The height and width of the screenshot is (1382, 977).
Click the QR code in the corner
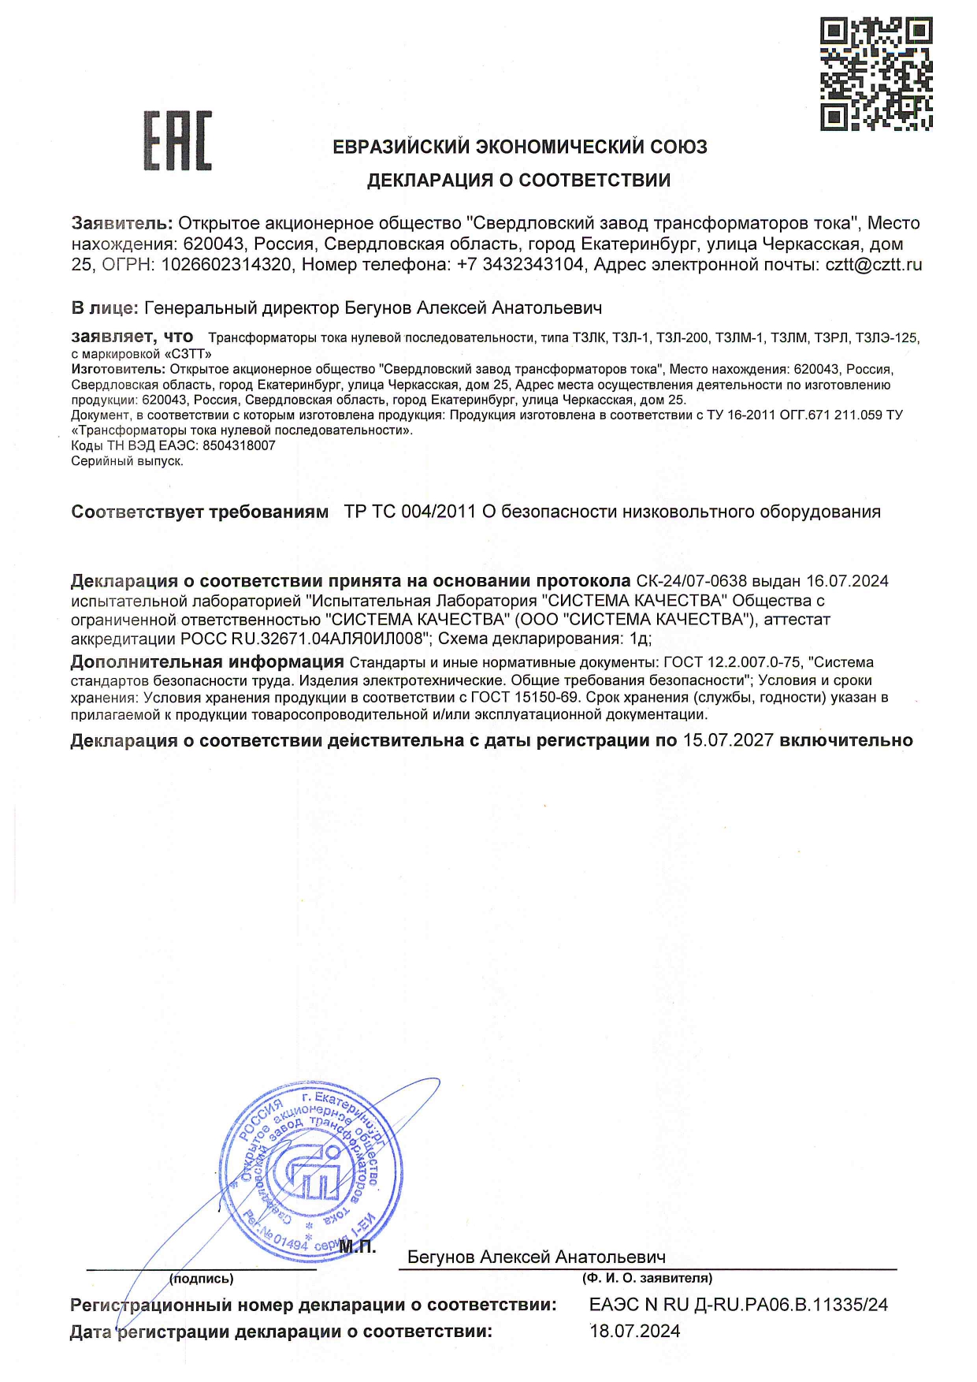click(x=876, y=73)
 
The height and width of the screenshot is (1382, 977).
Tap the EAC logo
click(x=177, y=141)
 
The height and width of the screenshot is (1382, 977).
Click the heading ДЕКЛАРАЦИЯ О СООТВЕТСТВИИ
click(x=518, y=181)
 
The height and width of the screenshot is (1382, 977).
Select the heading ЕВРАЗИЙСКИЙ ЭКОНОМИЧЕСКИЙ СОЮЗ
click(x=519, y=147)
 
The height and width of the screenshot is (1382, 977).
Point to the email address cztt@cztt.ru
click(x=873, y=265)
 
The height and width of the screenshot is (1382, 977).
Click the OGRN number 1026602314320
click(x=226, y=265)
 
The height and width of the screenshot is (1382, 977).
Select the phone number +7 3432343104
click(x=521, y=265)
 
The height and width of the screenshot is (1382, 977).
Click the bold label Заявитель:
click(x=121, y=223)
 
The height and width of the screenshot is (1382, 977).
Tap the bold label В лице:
click(x=105, y=307)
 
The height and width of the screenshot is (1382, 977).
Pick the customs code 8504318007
click(x=239, y=445)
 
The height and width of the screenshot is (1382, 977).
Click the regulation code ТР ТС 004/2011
click(x=410, y=512)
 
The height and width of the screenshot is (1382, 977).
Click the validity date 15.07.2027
click(x=728, y=740)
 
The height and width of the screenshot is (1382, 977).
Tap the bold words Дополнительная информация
click(x=207, y=662)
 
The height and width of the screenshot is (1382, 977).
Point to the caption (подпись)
click(x=202, y=1278)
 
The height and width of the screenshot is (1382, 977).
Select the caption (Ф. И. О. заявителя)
click(x=647, y=1278)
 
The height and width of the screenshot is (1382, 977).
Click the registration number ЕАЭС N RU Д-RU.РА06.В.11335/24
click(x=738, y=1305)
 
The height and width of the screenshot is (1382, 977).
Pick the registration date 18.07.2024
click(x=635, y=1332)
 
